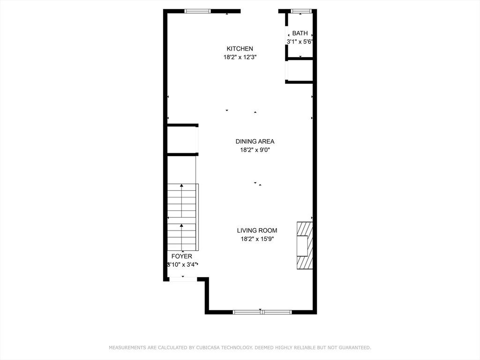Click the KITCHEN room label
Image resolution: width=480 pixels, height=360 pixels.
pos(240,49)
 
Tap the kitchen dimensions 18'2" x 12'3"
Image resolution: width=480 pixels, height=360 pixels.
pos(240,57)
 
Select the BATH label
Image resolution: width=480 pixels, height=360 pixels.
pos(300,33)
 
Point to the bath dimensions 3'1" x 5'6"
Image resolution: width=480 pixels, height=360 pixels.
pos(300,42)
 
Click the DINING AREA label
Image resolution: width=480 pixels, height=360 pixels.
pos(255,142)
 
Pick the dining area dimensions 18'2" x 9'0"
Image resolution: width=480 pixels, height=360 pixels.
pos(255,150)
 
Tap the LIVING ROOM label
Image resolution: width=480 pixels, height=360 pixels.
pos(257,231)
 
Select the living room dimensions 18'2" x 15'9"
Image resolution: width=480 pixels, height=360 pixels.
pos(257,239)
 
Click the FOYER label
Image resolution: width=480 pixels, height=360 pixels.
pos(181,256)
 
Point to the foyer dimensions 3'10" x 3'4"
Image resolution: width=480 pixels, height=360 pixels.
pos(182,265)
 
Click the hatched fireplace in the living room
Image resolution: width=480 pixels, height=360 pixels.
pos(305,246)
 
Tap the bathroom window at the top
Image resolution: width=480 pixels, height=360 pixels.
pos(301,11)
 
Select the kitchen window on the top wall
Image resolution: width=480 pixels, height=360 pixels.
pos(197,11)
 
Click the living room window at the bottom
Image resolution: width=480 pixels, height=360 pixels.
pos(262,312)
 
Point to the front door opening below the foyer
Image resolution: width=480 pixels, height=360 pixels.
pos(183,279)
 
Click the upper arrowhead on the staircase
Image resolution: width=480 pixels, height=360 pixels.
pos(181,186)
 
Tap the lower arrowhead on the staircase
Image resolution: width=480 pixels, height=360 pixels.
pos(181,225)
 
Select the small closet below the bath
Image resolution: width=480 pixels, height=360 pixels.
pos(300,70)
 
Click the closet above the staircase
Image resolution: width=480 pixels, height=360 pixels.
pos(181,140)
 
